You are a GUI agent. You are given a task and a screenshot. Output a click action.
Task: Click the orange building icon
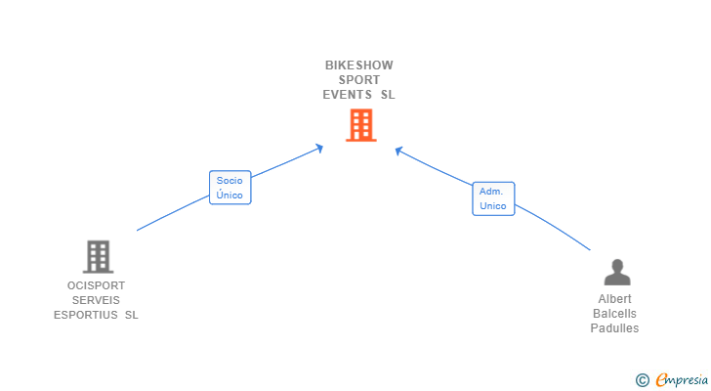point(361,125)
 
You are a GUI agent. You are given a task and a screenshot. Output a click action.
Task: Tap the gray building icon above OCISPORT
point(98,257)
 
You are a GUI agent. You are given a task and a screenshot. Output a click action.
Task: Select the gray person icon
point(617,272)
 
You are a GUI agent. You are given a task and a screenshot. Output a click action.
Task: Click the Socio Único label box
point(230,188)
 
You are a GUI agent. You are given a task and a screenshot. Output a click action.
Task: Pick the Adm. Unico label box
point(493,198)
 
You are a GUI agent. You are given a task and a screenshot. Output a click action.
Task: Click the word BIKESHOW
point(359,65)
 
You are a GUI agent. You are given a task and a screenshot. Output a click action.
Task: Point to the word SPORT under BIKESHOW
point(359,80)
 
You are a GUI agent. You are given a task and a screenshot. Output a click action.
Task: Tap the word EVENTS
point(347,95)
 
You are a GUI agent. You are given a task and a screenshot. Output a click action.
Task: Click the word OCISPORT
point(96,285)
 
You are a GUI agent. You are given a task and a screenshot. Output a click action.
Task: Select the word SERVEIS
point(96,300)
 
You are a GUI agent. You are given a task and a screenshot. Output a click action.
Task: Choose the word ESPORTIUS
point(86,315)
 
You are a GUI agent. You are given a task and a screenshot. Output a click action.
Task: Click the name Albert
point(615,299)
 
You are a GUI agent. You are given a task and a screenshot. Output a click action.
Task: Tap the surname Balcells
point(615,314)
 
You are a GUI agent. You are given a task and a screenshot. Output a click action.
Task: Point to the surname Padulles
point(615,327)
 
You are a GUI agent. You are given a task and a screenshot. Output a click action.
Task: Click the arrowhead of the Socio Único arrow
point(319,148)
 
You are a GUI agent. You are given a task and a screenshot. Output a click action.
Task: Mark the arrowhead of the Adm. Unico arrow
point(398,151)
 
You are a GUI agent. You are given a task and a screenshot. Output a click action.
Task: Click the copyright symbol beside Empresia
point(642,380)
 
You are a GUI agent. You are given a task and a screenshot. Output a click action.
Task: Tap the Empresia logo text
point(682,380)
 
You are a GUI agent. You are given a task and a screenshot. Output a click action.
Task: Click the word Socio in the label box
point(230,181)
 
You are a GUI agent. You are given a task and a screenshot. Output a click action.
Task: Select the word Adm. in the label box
point(491,192)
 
